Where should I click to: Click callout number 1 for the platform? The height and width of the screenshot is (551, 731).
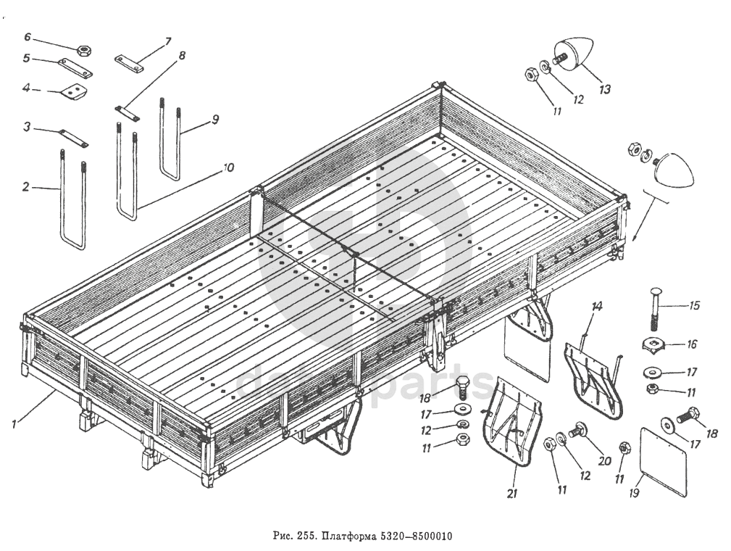click(15, 425)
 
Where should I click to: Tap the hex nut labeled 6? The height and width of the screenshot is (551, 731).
click(83, 51)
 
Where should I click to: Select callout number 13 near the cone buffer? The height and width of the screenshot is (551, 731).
click(604, 89)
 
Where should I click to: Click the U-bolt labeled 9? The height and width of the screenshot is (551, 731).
click(170, 141)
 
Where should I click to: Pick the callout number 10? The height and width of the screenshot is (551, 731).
click(229, 167)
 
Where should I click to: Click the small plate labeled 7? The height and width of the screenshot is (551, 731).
click(129, 63)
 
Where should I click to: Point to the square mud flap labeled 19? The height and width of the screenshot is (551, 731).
click(664, 461)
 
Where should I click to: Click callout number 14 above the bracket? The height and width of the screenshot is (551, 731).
click(596, 307)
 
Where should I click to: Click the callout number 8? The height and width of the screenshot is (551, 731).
click(181, 55)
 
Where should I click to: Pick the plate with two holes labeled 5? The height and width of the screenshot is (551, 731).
click(75, 67)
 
